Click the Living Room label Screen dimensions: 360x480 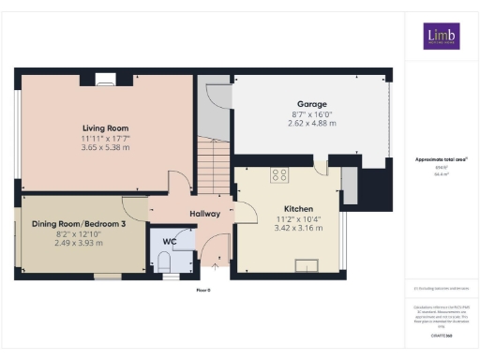pyautogui.click(x=105, y=127)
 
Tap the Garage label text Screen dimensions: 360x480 pyautogui.click(x=310, y=104)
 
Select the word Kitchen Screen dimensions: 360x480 pyautogui.click(x=298, y=209)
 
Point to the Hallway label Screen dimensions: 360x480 pyautogui.click(x=204, y=214)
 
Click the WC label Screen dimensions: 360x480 pyautogui.click(x=169, y=241)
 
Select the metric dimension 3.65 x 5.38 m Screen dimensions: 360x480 pyautogui.click(x=105, y=148)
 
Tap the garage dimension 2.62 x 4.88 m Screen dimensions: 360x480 pyautogui.click(x=310, y=123)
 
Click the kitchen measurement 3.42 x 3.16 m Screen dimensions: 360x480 pyautogui.click(x=298, y=228)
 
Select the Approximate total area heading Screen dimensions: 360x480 pyautogui.click(x=442, y=160)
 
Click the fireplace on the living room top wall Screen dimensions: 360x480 pyautogui.click(x=106, y=79)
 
